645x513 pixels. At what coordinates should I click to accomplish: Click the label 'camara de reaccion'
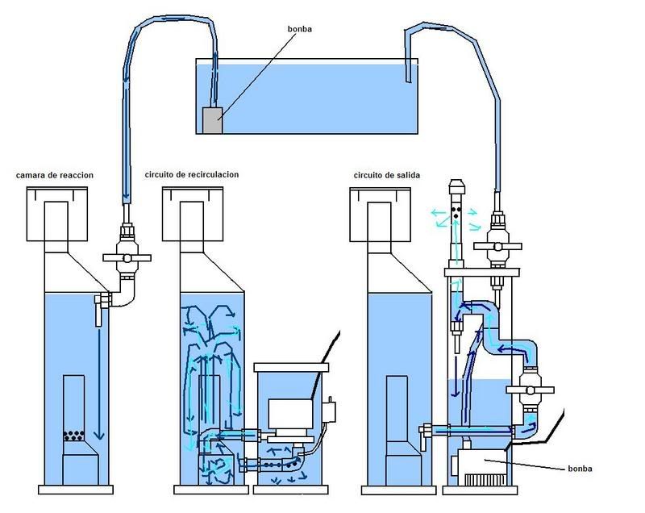pos(55,175)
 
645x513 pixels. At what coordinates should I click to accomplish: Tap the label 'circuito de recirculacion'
pos(192,174)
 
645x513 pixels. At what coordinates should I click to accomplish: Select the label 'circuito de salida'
pos(387,175)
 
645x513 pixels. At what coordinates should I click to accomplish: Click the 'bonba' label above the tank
pos(299,29)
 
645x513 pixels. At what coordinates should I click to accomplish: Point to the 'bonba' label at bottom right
pos(580,469)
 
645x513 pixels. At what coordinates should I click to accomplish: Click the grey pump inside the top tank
pos(213,120)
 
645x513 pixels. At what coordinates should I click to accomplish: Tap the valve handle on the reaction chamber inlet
pos(127,258)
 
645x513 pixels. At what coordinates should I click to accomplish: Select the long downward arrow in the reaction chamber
pos(99,385)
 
